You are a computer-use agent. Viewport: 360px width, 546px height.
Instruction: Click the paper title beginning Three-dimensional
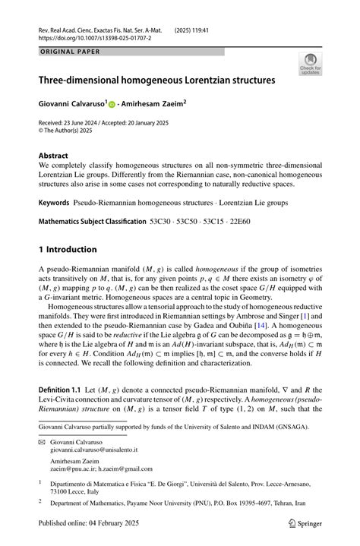(x=157, y=79)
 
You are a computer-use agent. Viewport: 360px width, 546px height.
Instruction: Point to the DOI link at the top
(x=93, y=36)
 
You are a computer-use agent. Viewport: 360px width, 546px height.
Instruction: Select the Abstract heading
(x=53, y=154)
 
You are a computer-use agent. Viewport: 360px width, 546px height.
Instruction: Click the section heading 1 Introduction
(x=68, y=249)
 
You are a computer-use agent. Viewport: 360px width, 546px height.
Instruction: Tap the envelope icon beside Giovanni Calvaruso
(x=43, y=440)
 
